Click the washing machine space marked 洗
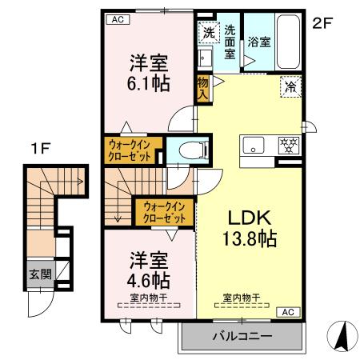point(208,34)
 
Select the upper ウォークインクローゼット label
point(133,150)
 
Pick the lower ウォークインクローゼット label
point(165,211)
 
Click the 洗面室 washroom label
point(230,43)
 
